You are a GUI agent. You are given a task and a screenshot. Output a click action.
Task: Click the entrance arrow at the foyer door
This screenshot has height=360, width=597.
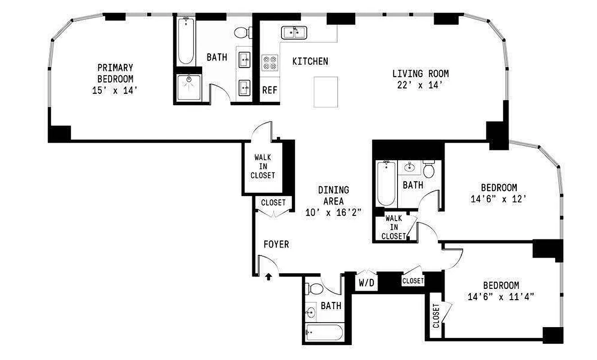coord(268,277)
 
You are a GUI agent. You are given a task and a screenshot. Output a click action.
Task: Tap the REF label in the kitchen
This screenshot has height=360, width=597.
coord(270,90)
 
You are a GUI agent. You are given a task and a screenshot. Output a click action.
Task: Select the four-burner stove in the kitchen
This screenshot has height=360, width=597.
coord(270,62)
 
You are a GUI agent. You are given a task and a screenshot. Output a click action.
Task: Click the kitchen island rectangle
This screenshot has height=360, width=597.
coord(326,92)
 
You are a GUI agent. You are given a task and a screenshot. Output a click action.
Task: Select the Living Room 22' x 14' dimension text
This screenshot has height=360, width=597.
coord(420,85)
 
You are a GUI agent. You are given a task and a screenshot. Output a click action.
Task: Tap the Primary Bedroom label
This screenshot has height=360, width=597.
coord(115,73)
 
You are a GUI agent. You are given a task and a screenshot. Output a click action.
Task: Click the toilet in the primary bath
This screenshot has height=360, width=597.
coord(242,32)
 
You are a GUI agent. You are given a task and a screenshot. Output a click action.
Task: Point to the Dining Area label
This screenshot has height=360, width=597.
coord(333,196)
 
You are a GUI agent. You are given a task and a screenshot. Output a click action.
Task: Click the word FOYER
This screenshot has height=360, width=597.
coord(276,244)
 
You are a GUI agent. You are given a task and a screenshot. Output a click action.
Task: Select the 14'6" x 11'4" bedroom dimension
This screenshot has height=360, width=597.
coord(501,297)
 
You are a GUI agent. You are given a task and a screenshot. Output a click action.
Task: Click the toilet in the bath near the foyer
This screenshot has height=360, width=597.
coord(316,288)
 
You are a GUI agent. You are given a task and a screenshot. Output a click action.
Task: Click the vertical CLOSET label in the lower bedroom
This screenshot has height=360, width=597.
coord(436,316)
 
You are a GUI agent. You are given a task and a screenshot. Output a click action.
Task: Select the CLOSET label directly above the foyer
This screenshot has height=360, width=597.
coord(273,202)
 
